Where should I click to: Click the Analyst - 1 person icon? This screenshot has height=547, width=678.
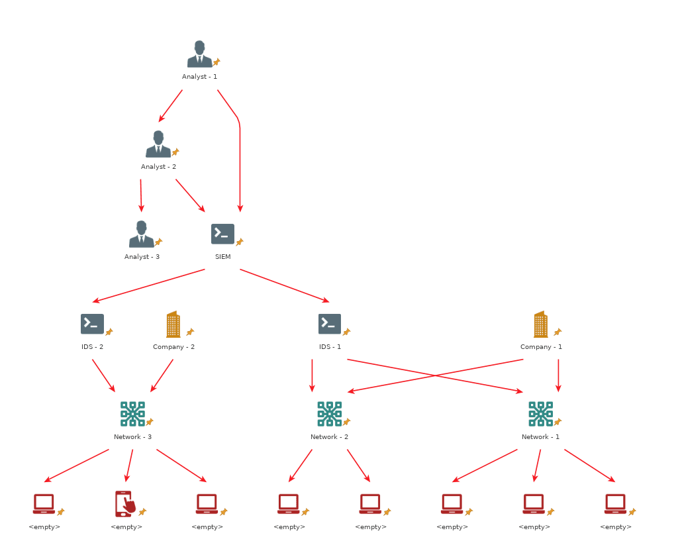[x=199, y=54]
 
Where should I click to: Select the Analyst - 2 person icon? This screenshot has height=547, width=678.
[x=158, y=144]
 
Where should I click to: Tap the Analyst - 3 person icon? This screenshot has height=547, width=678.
[x=141, y=234]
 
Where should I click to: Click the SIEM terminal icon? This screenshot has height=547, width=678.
[x=222, y=234]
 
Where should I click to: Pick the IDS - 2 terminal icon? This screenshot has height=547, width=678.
[x=92, y=324]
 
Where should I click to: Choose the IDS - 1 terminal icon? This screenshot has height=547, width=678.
[x=329, y=324]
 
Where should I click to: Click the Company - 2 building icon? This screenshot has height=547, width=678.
[x=173, y=324]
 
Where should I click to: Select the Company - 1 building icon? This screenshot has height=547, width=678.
[x=540, y=324]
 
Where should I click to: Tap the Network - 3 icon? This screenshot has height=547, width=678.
[x=132, y=414]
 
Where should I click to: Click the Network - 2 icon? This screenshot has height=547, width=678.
[x=329, y=414]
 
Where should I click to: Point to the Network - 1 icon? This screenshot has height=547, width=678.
[x=540, y=414]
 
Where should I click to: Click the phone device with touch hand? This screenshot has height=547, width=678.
[x=125, y=504]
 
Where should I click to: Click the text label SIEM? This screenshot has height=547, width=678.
[x=222, y=257]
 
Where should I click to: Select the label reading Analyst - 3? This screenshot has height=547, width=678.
[x=142, y=257]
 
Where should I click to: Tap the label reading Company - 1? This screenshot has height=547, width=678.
[x=541, y=347]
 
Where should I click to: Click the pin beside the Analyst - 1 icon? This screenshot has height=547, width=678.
[x=217, y=62]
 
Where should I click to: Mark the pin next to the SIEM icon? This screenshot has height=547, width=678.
[x=240, y=242]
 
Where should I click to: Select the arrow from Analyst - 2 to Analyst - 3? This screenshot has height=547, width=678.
[x=141, y=195]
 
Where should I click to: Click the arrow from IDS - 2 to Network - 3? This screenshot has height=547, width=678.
[x=103, y=375]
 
